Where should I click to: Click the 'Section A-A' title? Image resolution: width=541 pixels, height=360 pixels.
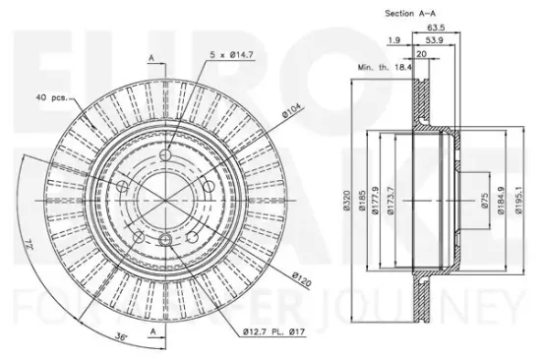click(x=410, y=14)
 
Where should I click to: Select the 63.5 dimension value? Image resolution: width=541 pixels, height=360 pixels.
click(x=436, y=28)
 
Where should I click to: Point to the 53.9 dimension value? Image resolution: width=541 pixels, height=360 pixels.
click(x=434, y=40)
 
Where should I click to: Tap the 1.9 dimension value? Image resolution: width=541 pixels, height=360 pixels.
click(x=394, y=40)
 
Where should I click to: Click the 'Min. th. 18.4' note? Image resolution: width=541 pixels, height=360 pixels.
click(x=385, y=67)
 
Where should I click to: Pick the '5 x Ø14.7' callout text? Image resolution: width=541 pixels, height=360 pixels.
click(x=232, y=54)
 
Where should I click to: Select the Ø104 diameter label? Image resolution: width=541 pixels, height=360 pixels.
click(x=292, y=110)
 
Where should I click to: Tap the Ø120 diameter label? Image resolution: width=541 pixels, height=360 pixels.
click(x=301, y=279)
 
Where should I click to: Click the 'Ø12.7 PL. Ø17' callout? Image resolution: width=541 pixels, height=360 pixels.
click(x=274, y=332)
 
